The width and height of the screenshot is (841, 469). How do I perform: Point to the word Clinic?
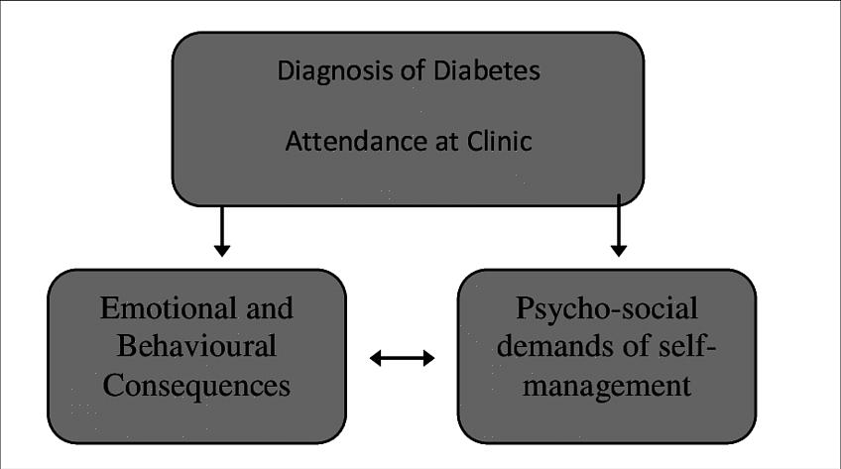point(499,142)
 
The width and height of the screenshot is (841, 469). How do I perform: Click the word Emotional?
point(164,308)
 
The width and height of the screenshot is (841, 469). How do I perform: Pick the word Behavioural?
point(196,347)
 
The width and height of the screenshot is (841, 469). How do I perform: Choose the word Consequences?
point(196,385)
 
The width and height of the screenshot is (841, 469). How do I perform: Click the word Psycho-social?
point(606,308)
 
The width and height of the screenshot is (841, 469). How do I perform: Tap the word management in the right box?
point(607,385)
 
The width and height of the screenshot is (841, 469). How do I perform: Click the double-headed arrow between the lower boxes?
point(402,358)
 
